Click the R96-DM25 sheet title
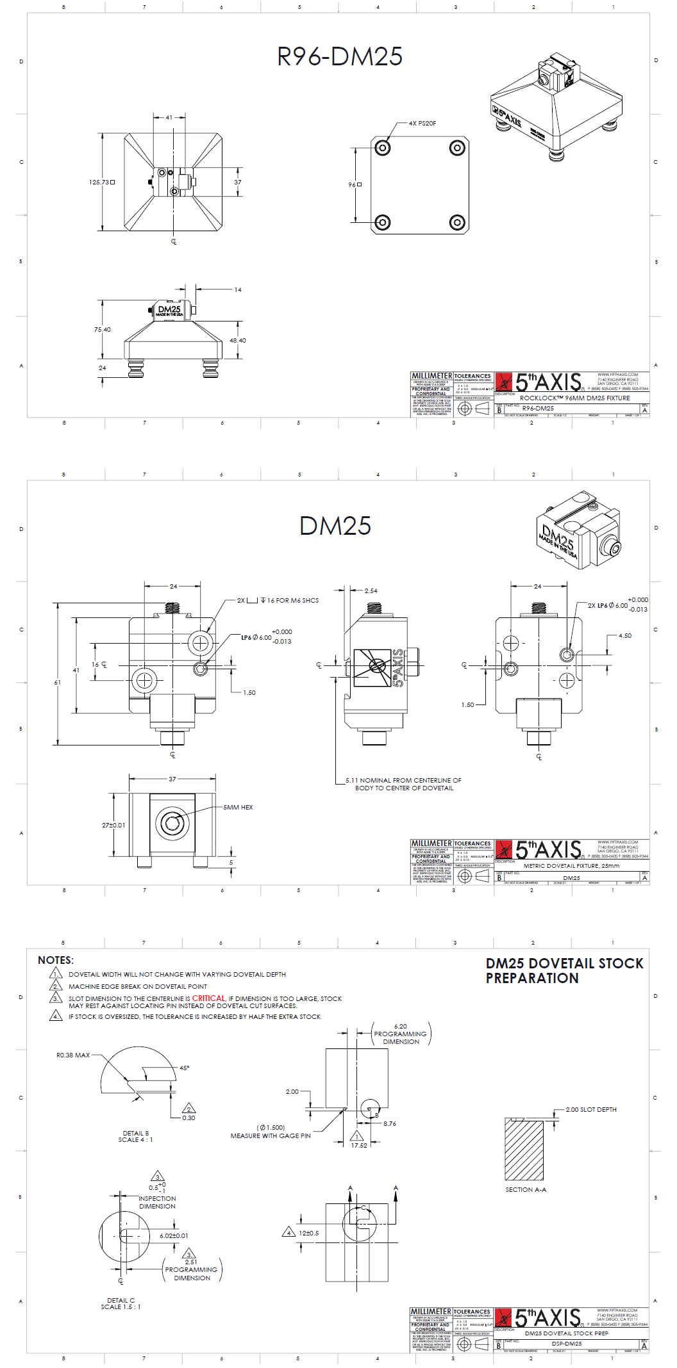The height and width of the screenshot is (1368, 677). (339, 56)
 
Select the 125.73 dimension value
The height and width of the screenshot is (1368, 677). (100, 183)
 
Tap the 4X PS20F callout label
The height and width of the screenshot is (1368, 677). (422, 123)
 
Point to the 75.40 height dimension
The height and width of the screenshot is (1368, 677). (103, 330)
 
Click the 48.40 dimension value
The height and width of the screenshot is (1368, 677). (237, 341)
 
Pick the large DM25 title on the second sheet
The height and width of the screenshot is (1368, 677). (335, 526)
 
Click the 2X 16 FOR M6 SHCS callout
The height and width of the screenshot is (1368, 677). (278, 601)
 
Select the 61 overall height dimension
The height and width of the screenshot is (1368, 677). (58, 683)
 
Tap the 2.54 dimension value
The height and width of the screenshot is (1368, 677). (371, 591)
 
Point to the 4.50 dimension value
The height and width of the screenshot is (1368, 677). (624, 636)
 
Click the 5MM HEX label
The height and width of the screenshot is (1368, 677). (238, 808)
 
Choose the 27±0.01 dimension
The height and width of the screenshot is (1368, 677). (113, 826)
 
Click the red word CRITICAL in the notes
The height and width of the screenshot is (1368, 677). (209, 998)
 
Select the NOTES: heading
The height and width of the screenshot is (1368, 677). (56, 960)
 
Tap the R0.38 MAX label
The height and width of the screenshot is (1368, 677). (73, 1055)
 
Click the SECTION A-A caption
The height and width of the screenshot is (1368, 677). (526, 1190)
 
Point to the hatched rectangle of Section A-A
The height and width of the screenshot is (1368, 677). (524, 1150)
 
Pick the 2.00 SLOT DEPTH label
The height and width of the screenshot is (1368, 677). (590, 1110)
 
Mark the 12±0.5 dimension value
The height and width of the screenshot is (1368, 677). (308, 1234)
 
